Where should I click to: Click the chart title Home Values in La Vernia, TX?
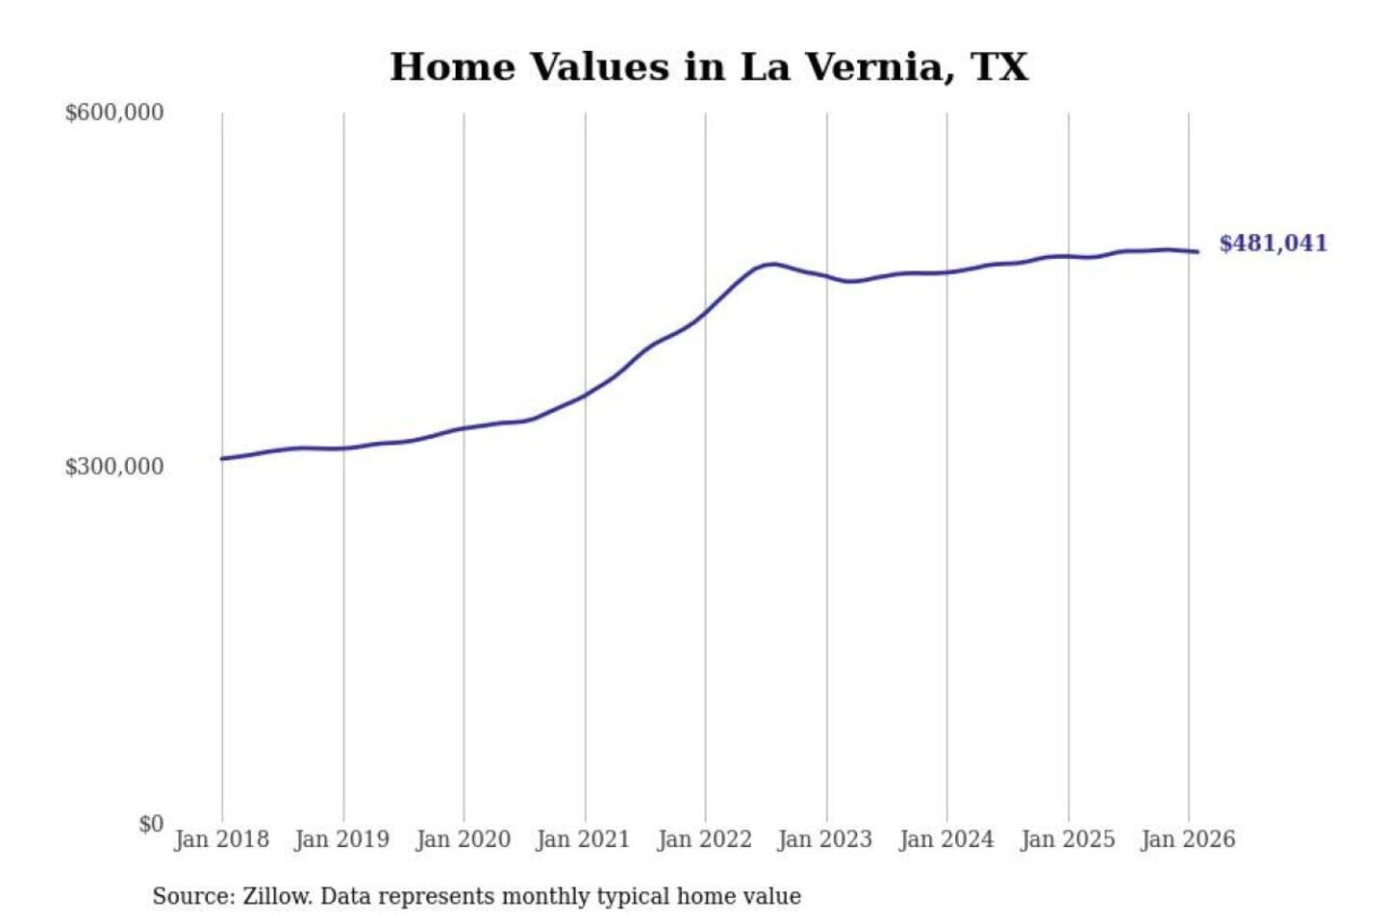(709, 67)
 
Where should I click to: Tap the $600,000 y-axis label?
(114, 113)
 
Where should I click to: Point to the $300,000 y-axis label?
(114, 467)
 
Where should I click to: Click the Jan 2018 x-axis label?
(221, 839)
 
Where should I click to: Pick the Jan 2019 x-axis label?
(341, 839)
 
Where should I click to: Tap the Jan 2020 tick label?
(463, 839)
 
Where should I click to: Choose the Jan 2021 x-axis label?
(583, 839)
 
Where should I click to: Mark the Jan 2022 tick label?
(704, 839)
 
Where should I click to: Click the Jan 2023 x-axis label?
(824, 839)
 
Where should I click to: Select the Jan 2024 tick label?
(945, 839)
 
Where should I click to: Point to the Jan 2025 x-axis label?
(1067, 839)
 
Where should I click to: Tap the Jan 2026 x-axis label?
(1187, 839)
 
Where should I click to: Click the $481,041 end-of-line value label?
(1272, 244)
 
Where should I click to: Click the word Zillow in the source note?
(276, 897)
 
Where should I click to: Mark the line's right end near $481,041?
(1197, 252)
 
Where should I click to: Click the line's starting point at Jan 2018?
(222, 458)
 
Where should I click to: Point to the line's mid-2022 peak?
(771, 263)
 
